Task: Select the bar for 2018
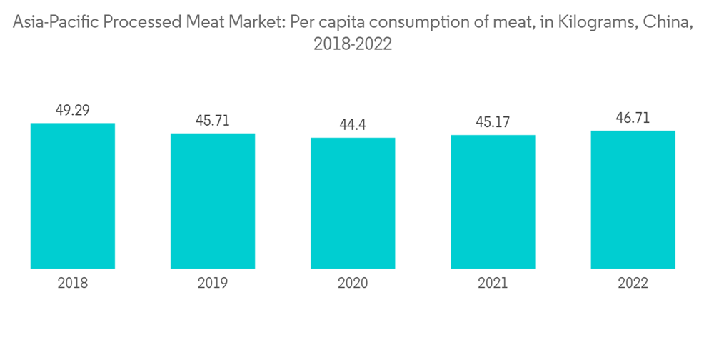click(73, 196)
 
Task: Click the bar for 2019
click(213, 201)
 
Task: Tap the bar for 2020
click(353, 203)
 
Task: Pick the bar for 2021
click(493, 201)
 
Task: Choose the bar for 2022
click(633, 199)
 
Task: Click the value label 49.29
click(73, 110)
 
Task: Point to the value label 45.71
click(213, 121)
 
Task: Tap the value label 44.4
click(353, 125)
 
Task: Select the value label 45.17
click(493, 122)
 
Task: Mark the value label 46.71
click(633, 118)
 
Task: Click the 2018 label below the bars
click(73, 284)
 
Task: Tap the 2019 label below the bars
click(213, 284)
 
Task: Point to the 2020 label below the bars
click(353, 284)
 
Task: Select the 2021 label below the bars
click(493, 284)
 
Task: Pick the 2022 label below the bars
click(633, 284)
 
